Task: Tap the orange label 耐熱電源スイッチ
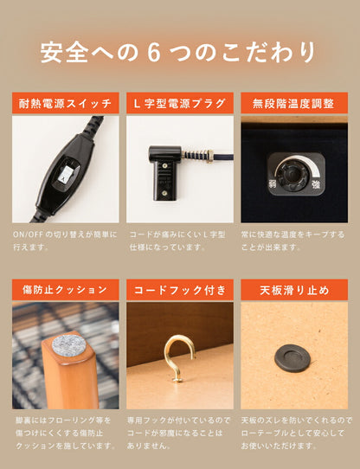(66, 104)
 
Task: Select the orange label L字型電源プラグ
(180, 104)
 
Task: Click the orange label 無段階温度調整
(294, 104)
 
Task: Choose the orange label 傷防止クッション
(66, 289)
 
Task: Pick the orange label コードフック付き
(180, 289)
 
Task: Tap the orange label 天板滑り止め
(294, 289)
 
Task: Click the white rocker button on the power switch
(65, 174)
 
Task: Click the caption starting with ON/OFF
(66, 241)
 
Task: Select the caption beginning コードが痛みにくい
(180, 241)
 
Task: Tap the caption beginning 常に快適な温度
(294, 241)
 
